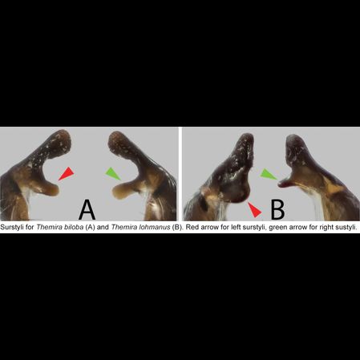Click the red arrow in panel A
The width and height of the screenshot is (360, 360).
click(67, 174)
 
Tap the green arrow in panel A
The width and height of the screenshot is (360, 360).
click(113, 173)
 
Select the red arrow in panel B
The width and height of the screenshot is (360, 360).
click(254, 209)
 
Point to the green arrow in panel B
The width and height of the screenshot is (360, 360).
click(269, 174)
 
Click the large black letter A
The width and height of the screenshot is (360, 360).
click(87, 209)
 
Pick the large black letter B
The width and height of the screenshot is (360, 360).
click(277, 209)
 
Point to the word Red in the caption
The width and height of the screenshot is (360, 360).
click(192, 227)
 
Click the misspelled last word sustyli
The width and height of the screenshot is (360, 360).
click(346, 228)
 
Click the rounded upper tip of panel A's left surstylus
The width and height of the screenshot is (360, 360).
click(63, 138)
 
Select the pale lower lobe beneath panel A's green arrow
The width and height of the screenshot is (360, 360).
click(122, 190)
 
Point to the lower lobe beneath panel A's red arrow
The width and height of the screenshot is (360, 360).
click(50, 188)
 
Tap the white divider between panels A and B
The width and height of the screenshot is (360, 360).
click(180, 174)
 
